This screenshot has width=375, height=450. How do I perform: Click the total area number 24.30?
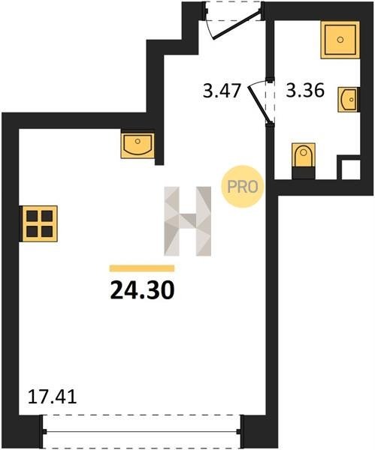coord(142,289)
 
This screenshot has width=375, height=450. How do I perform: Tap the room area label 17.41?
coord(53,397)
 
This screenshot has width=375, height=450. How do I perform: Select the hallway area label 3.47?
coord(222,91)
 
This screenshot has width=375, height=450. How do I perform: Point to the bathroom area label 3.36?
coord(305,90)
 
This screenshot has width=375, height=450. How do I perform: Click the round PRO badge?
coord(243,187)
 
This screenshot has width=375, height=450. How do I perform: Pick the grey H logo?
coord(188,221)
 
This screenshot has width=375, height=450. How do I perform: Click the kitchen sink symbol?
coord(138,145)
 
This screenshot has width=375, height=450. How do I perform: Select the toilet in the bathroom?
coord(304,155)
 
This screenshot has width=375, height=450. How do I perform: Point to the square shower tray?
coord(340,40)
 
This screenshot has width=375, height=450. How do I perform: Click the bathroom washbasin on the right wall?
coord(348,100)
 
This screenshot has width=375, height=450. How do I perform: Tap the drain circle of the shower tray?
coord(340,40)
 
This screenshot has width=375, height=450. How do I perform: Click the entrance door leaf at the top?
coord(237,25)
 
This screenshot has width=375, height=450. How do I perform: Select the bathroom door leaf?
coord(259,104)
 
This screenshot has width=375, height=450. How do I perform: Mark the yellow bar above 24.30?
coord(142,268)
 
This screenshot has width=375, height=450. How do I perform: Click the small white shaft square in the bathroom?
coord(350,169)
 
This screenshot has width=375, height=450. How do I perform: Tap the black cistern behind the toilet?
coord(304,173)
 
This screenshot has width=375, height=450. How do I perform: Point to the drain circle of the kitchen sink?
coord(138,141)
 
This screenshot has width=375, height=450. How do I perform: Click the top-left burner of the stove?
coord(32,216)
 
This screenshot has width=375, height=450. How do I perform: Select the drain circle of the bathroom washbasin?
coord(352,100)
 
